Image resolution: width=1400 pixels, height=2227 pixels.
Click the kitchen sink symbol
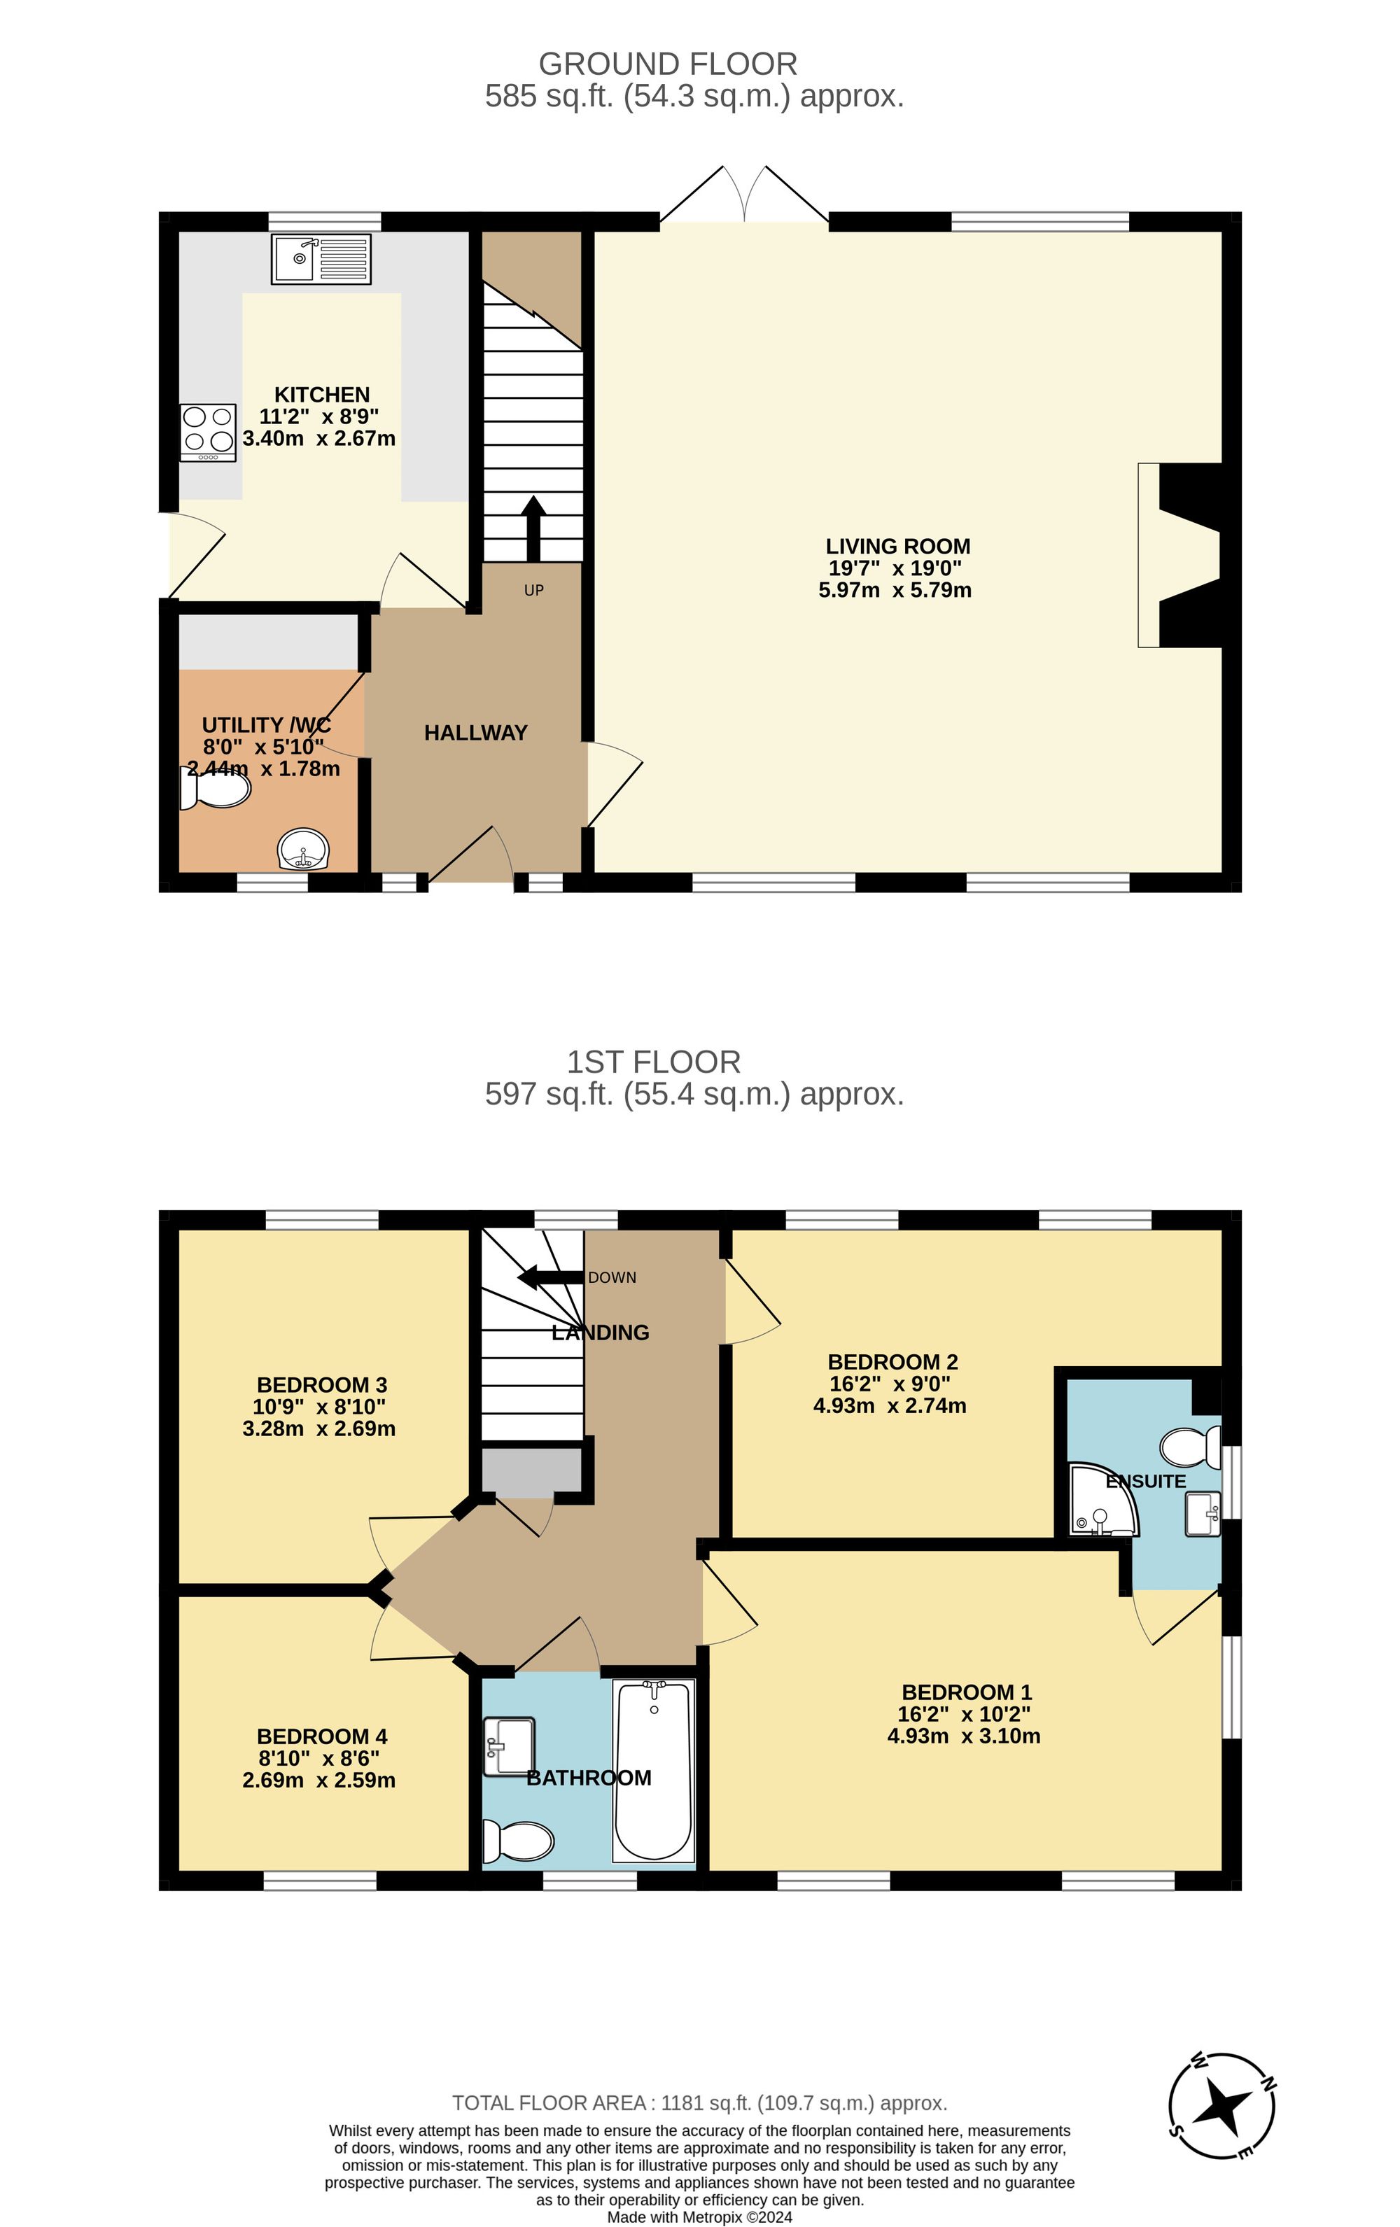321,259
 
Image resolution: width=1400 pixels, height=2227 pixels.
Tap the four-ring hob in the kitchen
208,433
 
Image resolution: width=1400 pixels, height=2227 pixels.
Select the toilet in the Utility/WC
216,789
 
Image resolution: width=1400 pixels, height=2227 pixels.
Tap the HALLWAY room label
475,733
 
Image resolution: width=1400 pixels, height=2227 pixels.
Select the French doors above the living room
744,196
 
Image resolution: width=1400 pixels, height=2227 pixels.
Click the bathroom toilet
518,1841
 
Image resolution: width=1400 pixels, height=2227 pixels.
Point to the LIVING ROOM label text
897,547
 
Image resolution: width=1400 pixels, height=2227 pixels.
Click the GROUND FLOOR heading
668,64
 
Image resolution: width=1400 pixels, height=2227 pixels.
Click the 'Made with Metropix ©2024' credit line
699,2217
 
